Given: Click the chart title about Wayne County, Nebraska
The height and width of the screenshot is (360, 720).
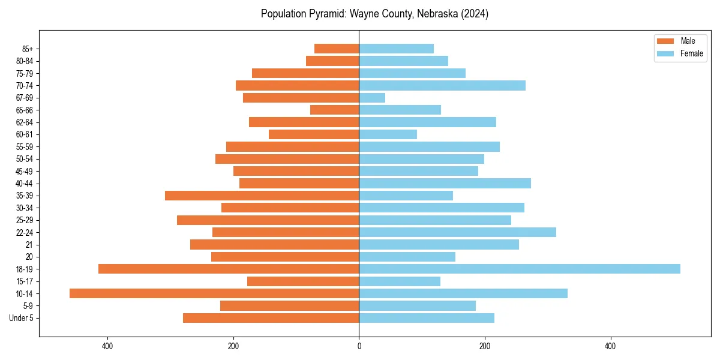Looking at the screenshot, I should pyautogui.click(x=374, y=14).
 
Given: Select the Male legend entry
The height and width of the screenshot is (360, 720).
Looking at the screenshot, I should pyautogui.click(x=688, y=41).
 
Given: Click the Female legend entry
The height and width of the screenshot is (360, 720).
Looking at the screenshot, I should pyautogui.click(x=691, y=53).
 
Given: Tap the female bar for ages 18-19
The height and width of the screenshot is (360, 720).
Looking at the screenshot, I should pyautogui.click(x=520, y=269).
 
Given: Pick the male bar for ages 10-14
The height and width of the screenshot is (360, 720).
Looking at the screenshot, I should pyautogui.click(x=214, y=293).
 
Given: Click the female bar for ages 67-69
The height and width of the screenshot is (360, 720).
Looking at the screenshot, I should pyautogui.click(x=372, y=98).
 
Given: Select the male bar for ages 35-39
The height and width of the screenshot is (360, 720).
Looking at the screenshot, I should pyautogui.click(x=262, y=196).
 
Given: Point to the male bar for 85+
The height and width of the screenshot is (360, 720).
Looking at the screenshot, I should pyautogui.click(x=337, y=49).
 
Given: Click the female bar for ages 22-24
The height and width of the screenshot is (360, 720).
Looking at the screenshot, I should pyautogui.click(x=458, y=232).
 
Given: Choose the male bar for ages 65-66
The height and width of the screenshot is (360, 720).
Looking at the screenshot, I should pyautogui.click(x=335, y=110).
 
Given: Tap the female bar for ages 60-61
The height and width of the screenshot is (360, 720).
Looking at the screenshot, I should pyautogui.click(x=388, y=134).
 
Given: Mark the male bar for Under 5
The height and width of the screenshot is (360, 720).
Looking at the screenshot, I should pyautogui.click(x=271, y=318).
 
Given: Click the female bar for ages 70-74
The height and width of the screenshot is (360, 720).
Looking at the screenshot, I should pyautogui.click(x=442, y=85).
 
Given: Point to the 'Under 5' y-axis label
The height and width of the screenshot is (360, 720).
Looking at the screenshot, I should pyautogui.click(x=22, y=318).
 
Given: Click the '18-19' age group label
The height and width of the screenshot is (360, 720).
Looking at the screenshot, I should pyautogui.click(x=25, y=269).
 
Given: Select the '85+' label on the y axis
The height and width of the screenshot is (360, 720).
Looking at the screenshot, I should pyautogui.click(x=27, y=49).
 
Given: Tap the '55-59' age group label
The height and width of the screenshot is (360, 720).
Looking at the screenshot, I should pyautogui.click(x=25, y=146).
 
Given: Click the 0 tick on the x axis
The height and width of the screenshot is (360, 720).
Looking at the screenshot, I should pyautogui.click(x=359, y=346).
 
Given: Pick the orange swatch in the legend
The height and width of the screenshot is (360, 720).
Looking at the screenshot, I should pyautogui.click(x=665, y=41).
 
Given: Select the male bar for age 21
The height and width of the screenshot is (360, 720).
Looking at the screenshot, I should pyautogui.click(x=275, y=244).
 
